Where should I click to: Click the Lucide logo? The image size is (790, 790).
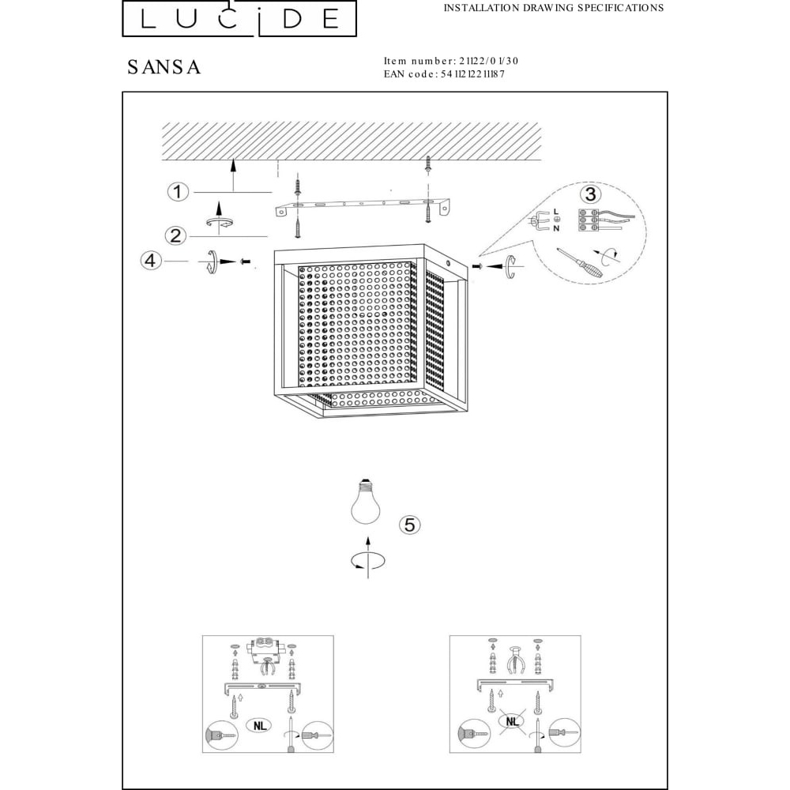click(x=239, y=19)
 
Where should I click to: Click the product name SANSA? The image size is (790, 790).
click(x=164, y=67)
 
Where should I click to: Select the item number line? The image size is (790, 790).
click(x=451, y=61)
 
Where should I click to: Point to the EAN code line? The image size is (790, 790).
click(x=444, y=74)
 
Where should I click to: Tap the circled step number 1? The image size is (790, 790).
click(x=177, y=192)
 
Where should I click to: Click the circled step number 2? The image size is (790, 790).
click(x=175, y=235)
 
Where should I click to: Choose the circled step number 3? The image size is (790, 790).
click(x=590, y=194)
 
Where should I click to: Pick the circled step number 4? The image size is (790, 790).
click(x=150, y=261)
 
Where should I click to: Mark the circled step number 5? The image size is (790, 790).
click(x=409, y=525)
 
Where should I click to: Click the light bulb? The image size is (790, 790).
click(x=366, y=502)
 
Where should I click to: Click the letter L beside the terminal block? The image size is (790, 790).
click(x=556, y=211)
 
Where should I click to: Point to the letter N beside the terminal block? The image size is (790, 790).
click(x=556, y=228)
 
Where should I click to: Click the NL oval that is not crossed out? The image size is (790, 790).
click(x=259, y=725)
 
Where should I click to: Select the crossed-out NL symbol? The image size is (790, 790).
click(x=512, y=721)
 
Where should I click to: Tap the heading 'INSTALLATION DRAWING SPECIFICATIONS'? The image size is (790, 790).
click(x=553, y=8)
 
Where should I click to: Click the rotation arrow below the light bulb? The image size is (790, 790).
click(x=368, y=560)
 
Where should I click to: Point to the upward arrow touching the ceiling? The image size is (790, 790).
click(x=233, y=175)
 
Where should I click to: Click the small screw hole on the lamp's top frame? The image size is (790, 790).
click(x=449, y=263)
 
